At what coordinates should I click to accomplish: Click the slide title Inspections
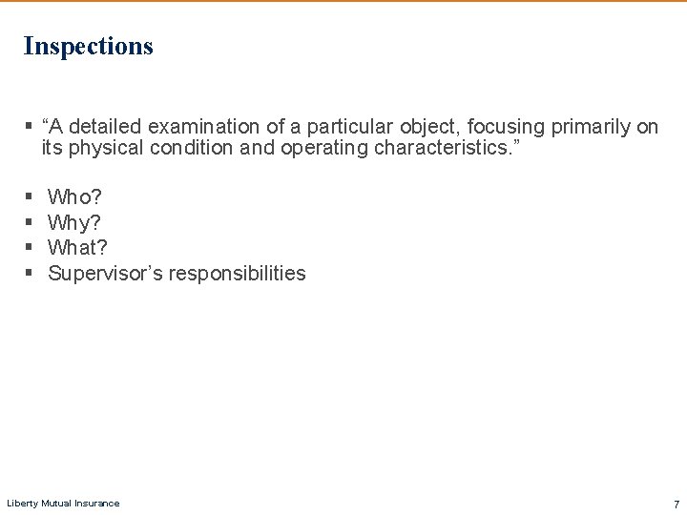tap(88, 46)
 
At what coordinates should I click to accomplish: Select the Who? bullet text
tap(74, 197)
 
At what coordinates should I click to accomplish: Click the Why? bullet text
tap(74, 223)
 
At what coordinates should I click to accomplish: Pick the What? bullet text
tap(77, 248)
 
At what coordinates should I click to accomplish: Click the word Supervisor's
tap(104, 274)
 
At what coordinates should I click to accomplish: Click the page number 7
tap(676, 504)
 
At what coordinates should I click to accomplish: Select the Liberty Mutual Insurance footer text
tap(63, 504)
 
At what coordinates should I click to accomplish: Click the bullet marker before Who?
tap(29, 197)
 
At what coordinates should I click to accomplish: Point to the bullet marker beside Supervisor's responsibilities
tap(29, 274)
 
